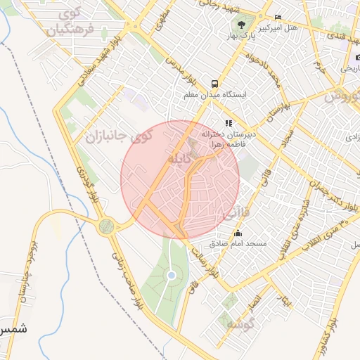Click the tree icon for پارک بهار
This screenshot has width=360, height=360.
[x=242, y=23]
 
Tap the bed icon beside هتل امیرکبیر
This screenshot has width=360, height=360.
[x=278, y=17]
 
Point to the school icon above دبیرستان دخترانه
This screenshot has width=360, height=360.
[x=229, y=123]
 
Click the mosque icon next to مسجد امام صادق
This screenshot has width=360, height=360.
[x=238, y=233]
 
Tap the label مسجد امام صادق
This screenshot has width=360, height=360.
[x=238, y=243]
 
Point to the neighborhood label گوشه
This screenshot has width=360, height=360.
[x=234, y=323]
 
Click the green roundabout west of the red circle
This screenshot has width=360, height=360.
[x=106, y=226]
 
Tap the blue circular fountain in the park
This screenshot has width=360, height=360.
[x=171, y=276]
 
